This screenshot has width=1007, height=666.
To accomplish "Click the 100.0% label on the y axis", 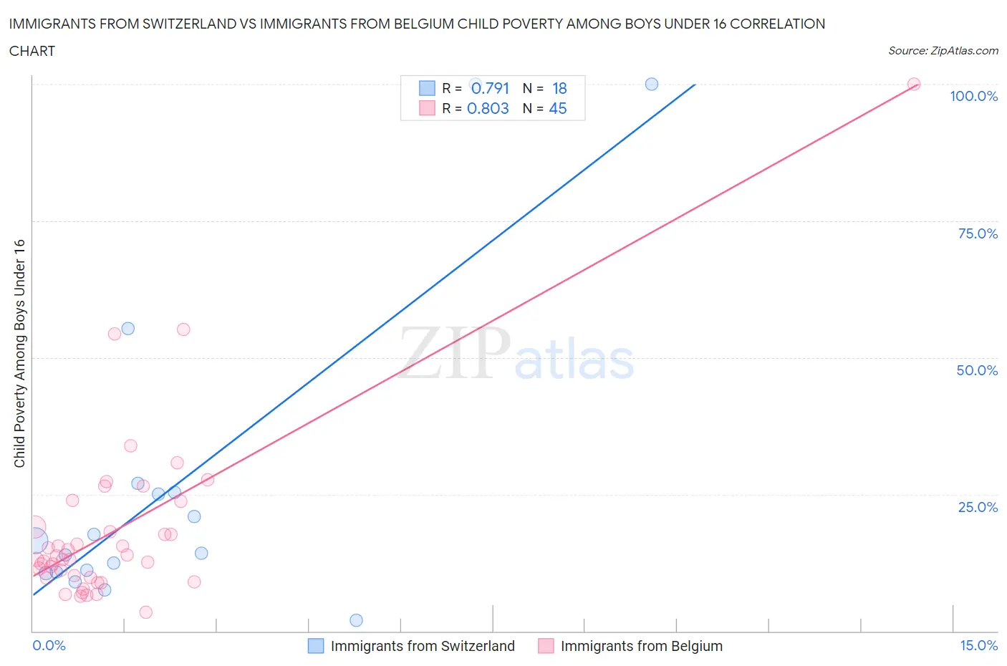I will [973, 96].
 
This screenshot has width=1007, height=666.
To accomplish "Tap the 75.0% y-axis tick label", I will [978, 233].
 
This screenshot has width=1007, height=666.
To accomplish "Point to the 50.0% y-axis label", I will [977, 370].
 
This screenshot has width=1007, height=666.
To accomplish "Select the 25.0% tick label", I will [978, 507].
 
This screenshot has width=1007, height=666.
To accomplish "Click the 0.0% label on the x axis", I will [49, 645].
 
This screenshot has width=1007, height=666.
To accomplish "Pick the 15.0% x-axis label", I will [978, 645].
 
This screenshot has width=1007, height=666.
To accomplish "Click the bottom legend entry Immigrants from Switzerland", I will [422, 646].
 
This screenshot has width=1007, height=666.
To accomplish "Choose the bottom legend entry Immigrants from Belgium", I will [641, 646].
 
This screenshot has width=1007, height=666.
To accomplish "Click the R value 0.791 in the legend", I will [490, 88].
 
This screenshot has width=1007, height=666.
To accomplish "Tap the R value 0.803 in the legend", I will [488, 108].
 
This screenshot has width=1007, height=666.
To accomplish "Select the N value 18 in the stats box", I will [559, 88].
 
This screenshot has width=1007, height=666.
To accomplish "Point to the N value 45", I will [557, 108].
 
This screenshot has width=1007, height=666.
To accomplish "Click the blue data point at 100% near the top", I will [652, 84].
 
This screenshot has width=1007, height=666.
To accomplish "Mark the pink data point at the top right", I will [914, 84].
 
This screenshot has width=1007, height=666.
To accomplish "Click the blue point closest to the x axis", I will [356, 620].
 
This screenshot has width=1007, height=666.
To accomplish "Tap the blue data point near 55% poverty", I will [128, 329].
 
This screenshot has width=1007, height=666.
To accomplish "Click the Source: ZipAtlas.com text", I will [943, 50].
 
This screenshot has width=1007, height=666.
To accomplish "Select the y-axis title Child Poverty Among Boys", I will [19, 353].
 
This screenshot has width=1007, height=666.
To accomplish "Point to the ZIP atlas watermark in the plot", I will [516, 354].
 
